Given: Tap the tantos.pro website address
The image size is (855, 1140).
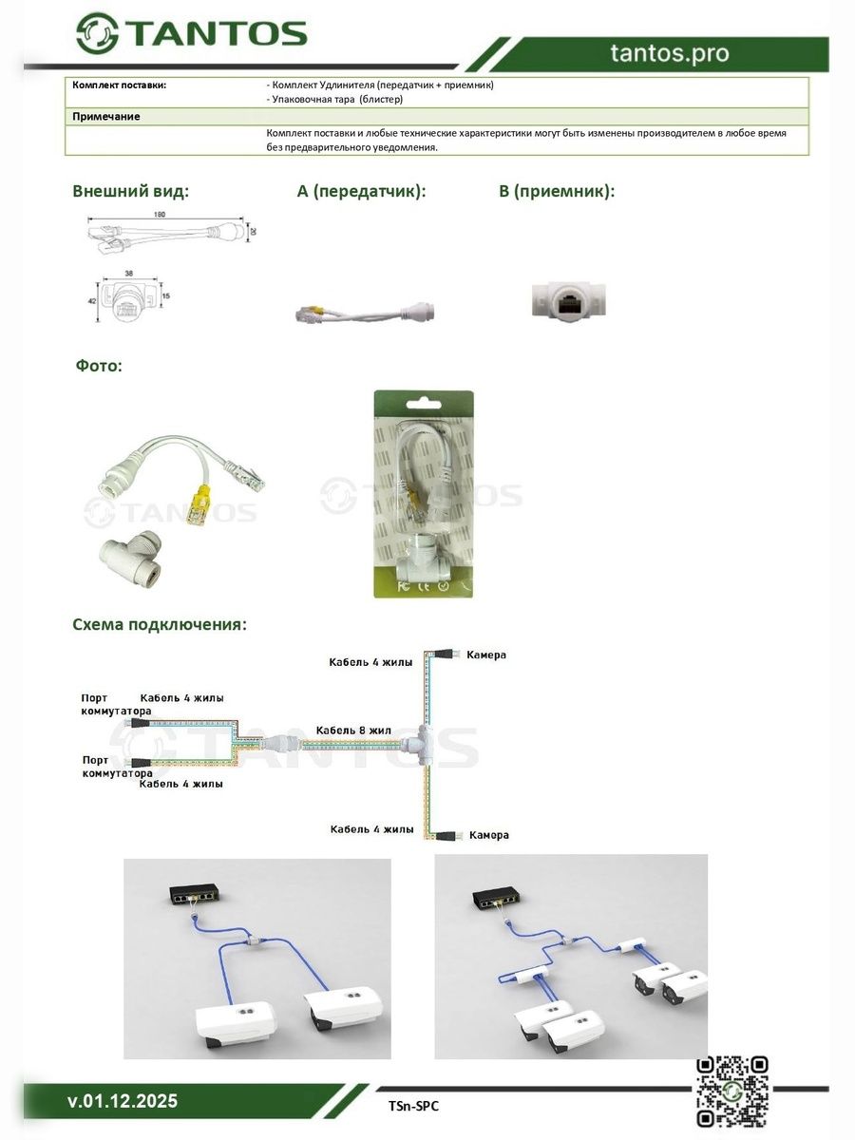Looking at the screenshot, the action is pos(670,54).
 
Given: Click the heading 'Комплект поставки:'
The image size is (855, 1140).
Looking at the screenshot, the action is pos(120,85).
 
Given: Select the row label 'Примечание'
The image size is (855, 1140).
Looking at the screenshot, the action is pos(106,116).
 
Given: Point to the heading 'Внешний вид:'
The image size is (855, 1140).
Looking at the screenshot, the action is pos(131,191).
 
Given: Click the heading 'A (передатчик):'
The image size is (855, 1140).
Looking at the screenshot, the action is pos(361,191).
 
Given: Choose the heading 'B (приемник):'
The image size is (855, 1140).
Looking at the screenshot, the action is pos(557,191).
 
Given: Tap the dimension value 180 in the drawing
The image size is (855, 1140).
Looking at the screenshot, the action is pos(160,215).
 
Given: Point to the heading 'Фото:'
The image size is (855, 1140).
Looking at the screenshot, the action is pos(99,365).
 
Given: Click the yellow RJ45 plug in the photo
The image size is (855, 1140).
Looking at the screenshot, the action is pos(200,503).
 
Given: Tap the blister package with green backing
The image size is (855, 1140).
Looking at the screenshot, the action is pos(423,494).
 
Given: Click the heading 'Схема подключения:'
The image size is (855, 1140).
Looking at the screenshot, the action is pos(160,624).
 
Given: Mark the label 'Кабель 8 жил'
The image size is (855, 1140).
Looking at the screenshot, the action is pos(353,730).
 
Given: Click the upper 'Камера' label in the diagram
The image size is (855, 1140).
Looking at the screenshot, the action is pos(486,655).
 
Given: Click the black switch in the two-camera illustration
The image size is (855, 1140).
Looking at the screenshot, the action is pos(197,894).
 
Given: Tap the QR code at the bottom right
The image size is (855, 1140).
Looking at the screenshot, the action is pos(731,1091).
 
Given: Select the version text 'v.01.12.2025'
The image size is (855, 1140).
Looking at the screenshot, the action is pos(123,1102).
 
